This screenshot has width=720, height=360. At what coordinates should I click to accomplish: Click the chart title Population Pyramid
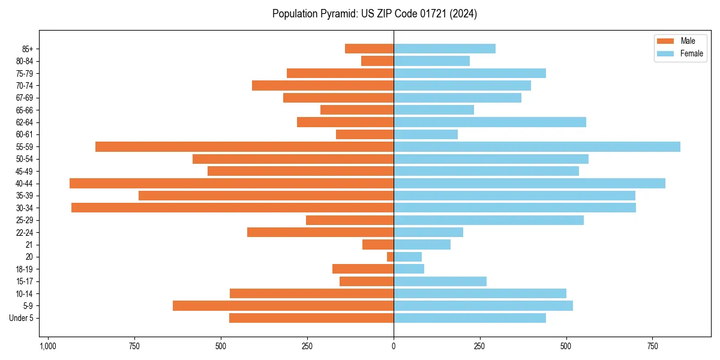(374, 14)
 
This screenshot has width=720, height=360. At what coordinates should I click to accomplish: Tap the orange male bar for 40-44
(232, 184)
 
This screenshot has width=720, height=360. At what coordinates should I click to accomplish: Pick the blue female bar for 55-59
(537, 147)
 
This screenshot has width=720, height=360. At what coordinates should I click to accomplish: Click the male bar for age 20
(390, 257)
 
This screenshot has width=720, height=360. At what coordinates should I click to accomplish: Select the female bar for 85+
(445, 49)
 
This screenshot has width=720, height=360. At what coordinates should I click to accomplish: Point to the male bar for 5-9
(283, 306)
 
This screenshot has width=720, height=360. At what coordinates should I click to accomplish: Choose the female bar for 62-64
(490, 122)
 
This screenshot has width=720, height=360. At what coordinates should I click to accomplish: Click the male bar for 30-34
(233, 208)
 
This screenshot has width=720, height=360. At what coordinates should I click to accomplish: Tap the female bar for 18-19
(409, 269)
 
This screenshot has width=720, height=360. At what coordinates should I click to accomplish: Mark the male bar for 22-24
(320, 232)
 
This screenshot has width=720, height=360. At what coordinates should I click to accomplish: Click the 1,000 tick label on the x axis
(47, 346)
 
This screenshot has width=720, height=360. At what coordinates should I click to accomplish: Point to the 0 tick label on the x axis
(394, 346)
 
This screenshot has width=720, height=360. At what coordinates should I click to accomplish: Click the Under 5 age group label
(21, 318)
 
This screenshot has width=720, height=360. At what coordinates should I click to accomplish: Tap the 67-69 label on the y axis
(24, 98)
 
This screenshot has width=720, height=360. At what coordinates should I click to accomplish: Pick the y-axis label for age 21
(29, 245)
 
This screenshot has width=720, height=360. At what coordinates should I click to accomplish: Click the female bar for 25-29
(488, 220)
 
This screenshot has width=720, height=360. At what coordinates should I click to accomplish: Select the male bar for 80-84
(377, 61)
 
